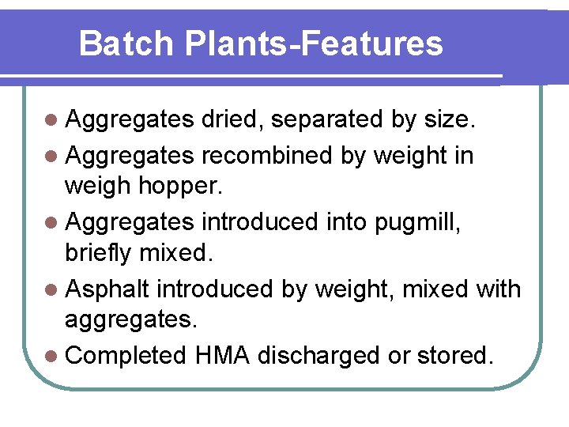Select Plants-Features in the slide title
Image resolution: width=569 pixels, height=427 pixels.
[x=314, y=43]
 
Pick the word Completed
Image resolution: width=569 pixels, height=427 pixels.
[x=125, y=356]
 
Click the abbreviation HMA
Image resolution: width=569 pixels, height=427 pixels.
[x=221, y=355]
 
